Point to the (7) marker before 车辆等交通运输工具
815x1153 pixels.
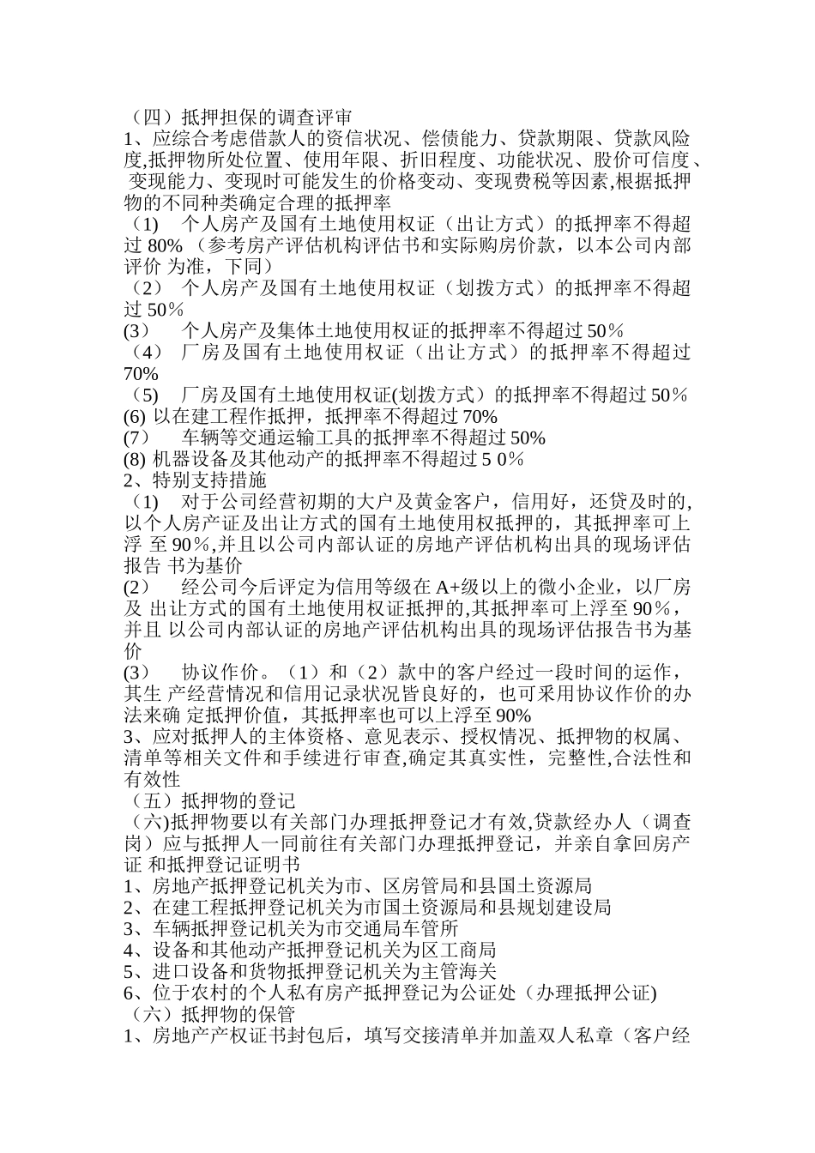pyautogui.click(x=137, y=438)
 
